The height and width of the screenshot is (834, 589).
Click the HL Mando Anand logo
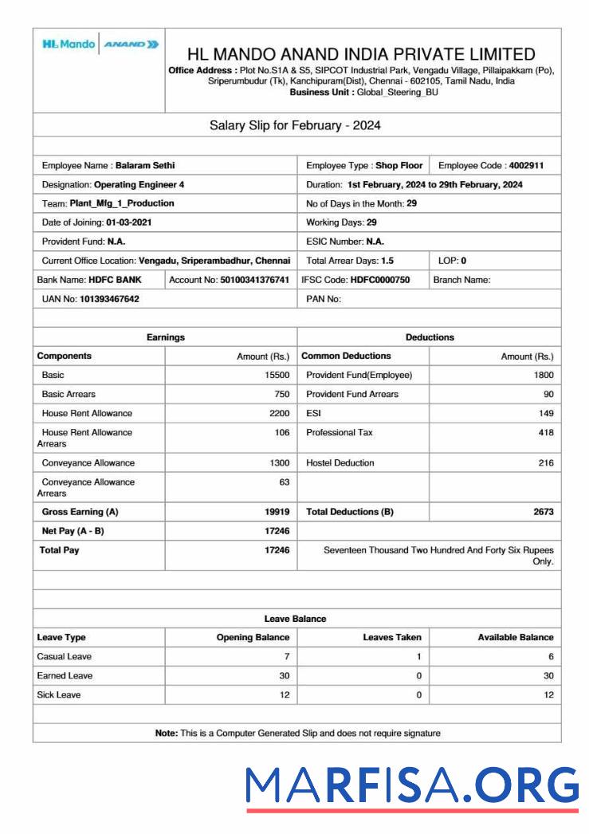[x=99, y=45]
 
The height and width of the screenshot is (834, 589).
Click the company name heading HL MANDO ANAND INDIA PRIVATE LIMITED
[x=361, y=54]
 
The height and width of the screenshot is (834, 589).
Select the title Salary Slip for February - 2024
[x=295, y=125]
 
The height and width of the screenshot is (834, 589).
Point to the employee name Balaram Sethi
[x=145, y=166]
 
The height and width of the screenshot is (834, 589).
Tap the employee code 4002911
[x=527, y=166]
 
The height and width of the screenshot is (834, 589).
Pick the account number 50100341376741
[x=254, y=280]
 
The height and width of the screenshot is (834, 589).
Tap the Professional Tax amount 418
[x=545, y=432]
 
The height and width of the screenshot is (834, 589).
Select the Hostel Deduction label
[x=340, y=462]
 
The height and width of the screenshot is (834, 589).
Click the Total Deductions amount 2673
[x=544, y=512]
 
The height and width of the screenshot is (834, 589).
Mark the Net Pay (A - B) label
[x=73, y=531]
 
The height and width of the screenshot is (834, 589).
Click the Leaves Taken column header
[x=392, y=637]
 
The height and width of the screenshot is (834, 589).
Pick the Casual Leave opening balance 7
[x=286, y=656]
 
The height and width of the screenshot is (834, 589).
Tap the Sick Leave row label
[x=59, y=694]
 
